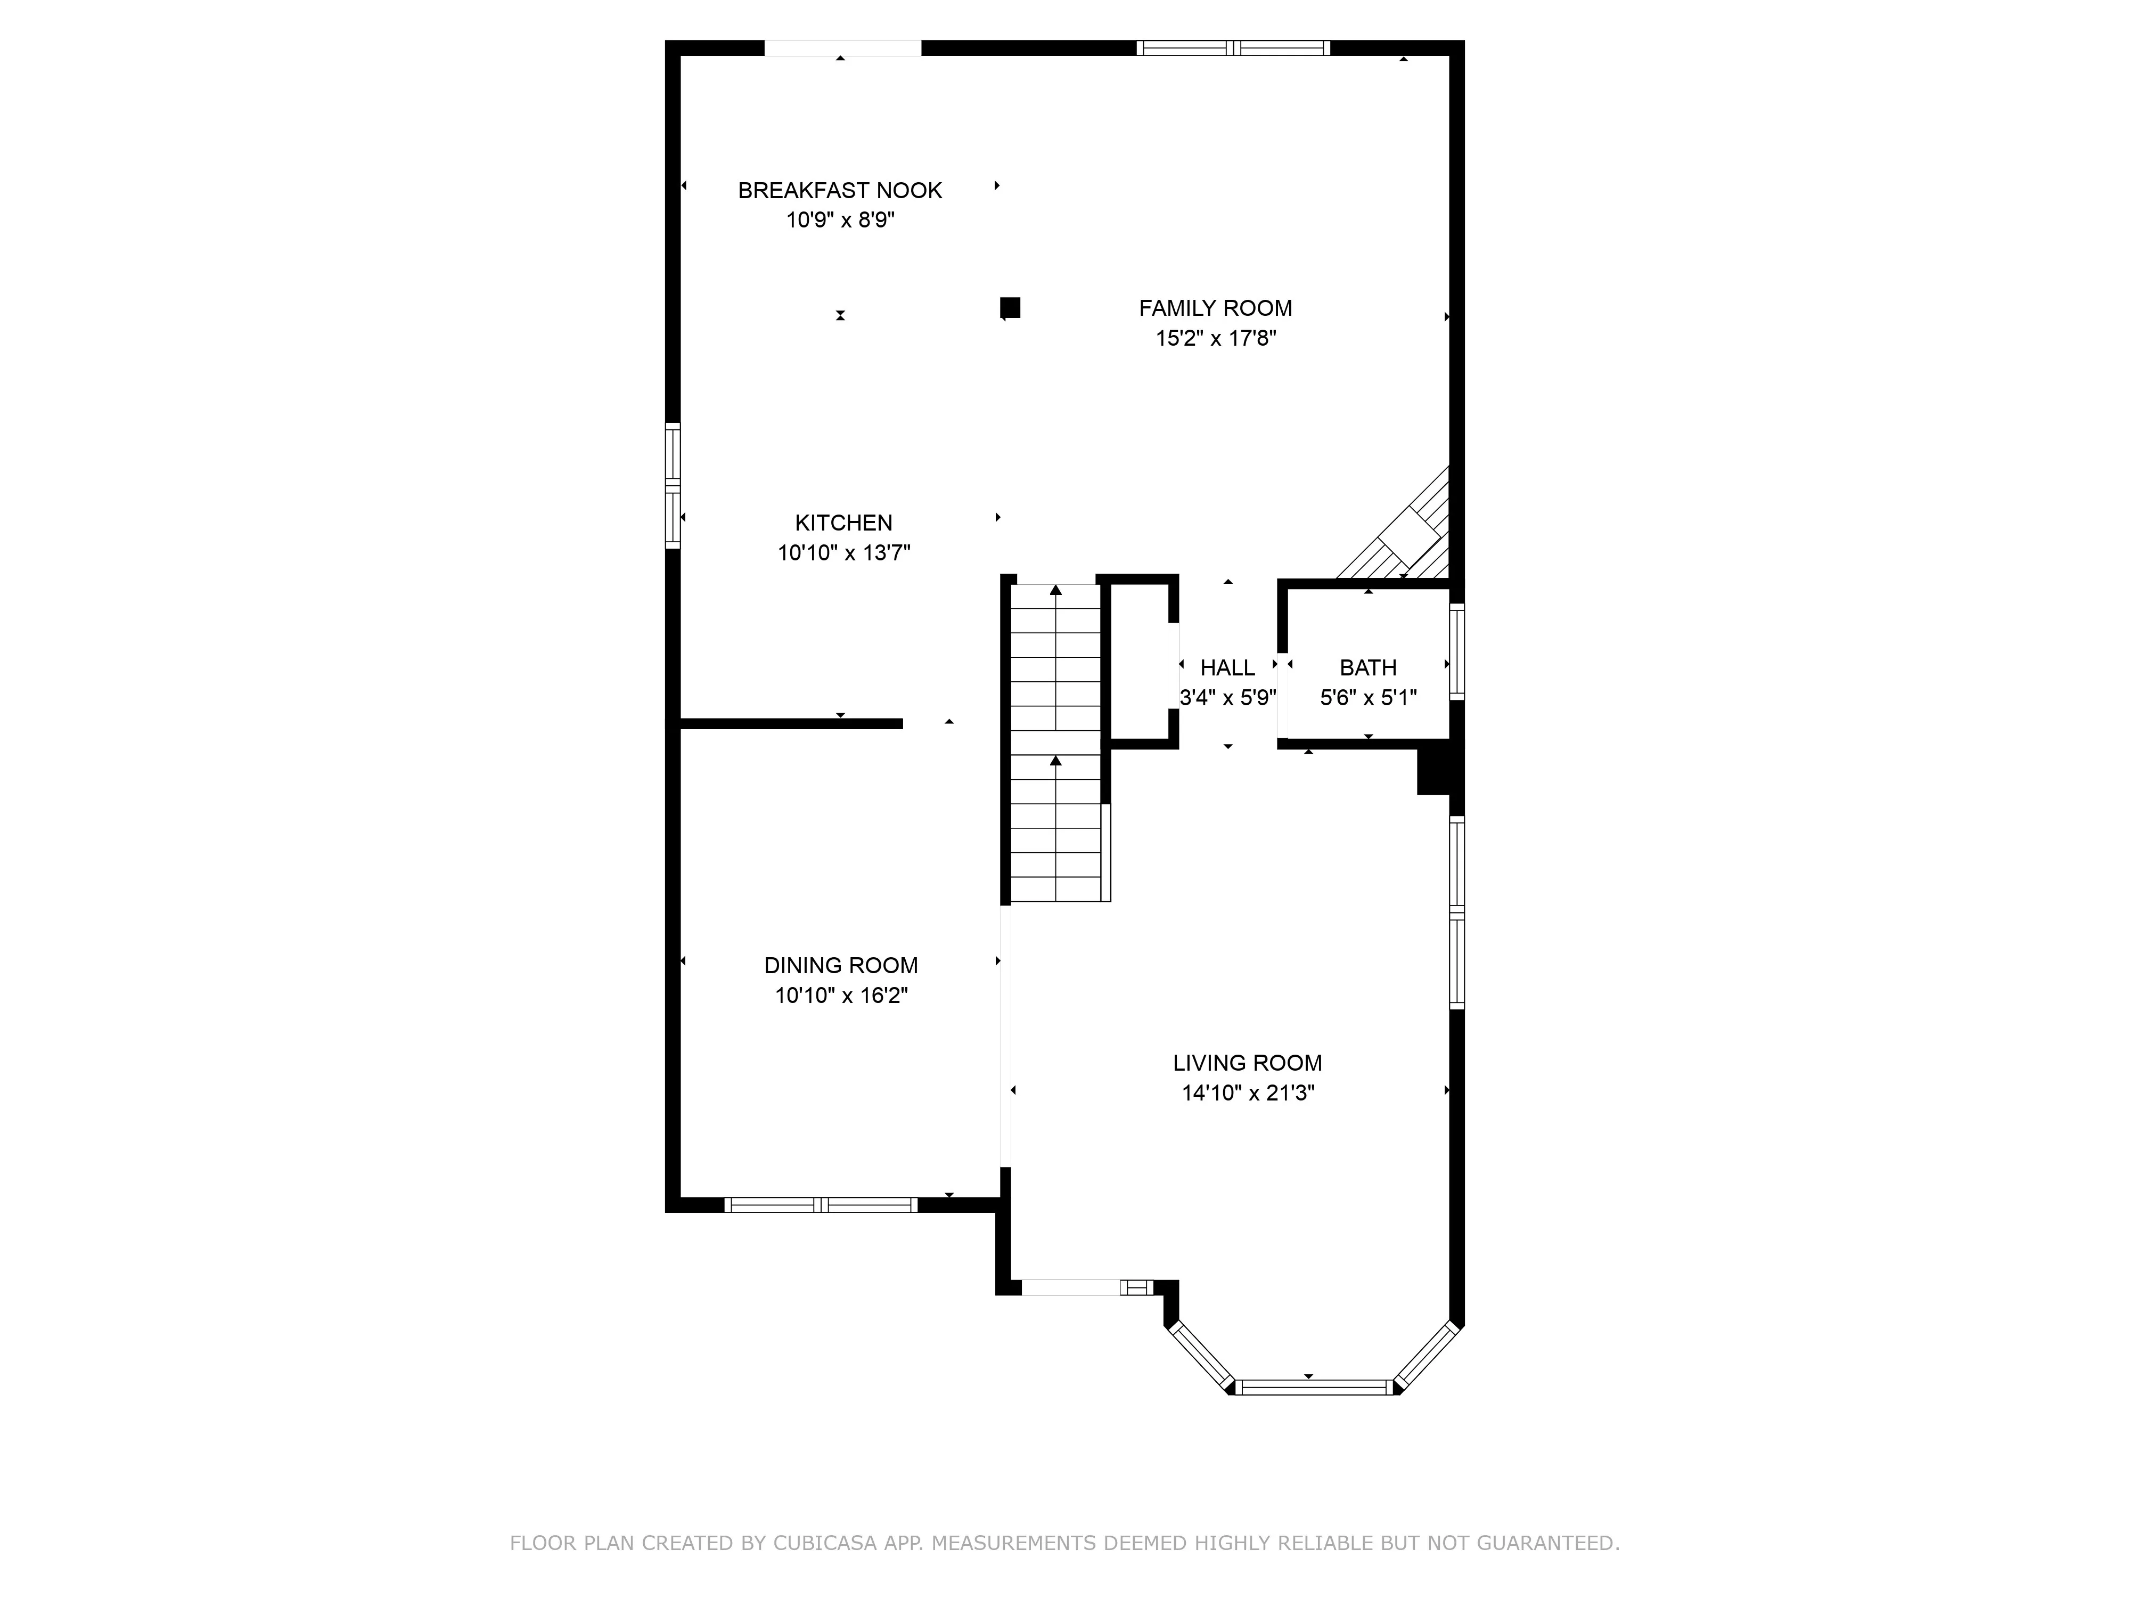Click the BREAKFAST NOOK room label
840,191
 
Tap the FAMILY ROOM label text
1215,308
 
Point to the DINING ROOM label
841,965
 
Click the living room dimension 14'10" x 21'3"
1248,1093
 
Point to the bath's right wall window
1457,651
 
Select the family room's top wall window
1233,48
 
